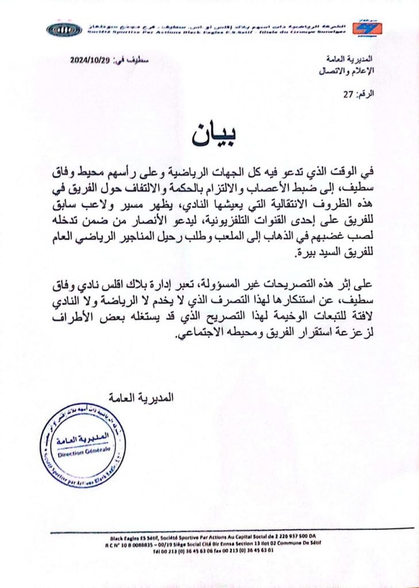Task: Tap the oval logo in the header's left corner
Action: pos(64,28)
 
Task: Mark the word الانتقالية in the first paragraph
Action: pos(304,206)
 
